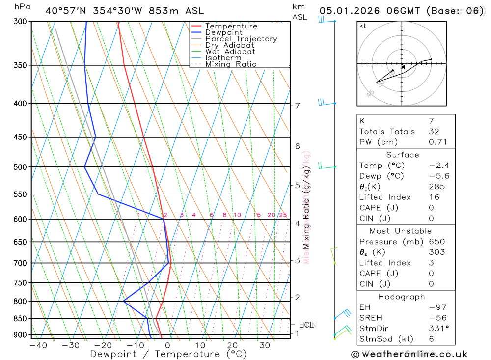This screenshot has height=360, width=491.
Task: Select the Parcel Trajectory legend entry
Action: coord(241,39)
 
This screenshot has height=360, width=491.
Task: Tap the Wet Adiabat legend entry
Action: coord(230,52)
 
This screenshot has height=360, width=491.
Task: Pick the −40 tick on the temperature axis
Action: coord(38,345)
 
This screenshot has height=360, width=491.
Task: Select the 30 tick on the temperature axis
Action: coord(265,345)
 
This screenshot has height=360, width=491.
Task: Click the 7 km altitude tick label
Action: coord(298,106)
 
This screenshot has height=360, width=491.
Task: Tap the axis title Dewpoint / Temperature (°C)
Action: coord(168,354)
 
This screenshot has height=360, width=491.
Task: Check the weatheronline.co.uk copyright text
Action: coord(409,354)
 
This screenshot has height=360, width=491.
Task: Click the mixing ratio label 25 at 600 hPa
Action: coord(283,215)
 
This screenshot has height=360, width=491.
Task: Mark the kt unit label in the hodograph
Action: coord(363,26)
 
